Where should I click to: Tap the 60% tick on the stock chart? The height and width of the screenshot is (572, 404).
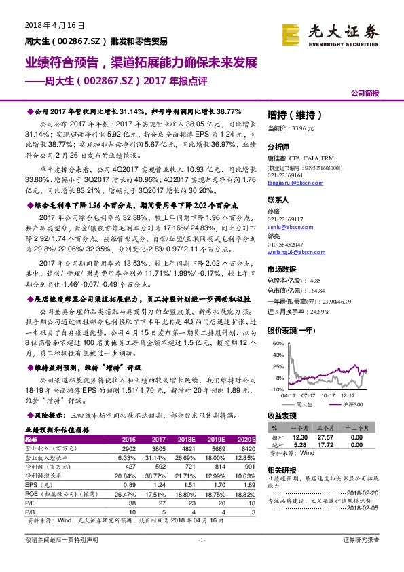point(277,344)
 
